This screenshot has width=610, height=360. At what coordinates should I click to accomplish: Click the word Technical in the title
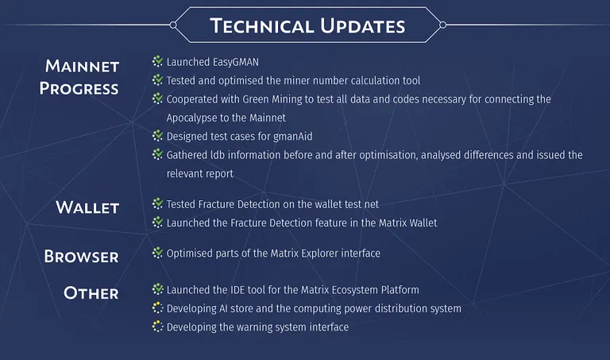coord(262,25)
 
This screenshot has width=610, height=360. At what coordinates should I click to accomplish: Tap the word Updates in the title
coord(362,25)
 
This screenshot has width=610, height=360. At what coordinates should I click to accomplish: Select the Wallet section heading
coord(87,207)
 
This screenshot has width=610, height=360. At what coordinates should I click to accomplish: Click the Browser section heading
coord(81,257)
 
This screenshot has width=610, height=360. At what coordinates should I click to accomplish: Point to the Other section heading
coord(91,293)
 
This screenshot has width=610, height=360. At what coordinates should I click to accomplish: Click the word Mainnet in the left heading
coord(82,66)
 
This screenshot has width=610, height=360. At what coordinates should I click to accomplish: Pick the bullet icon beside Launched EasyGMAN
coord(157,61)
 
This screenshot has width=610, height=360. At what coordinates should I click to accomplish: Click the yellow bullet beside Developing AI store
coord(157,308)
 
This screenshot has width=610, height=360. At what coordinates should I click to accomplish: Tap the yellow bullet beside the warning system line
coord(157,327)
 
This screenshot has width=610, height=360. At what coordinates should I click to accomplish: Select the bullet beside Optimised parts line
coord(157,253)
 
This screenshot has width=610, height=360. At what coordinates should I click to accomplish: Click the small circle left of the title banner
coord(173,25)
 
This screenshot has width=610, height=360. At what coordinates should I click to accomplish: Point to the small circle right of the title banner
coord(442,25)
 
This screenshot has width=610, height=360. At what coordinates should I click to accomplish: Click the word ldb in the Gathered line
coord(218,155)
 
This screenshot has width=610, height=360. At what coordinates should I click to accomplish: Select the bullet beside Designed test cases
coord(157,135)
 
